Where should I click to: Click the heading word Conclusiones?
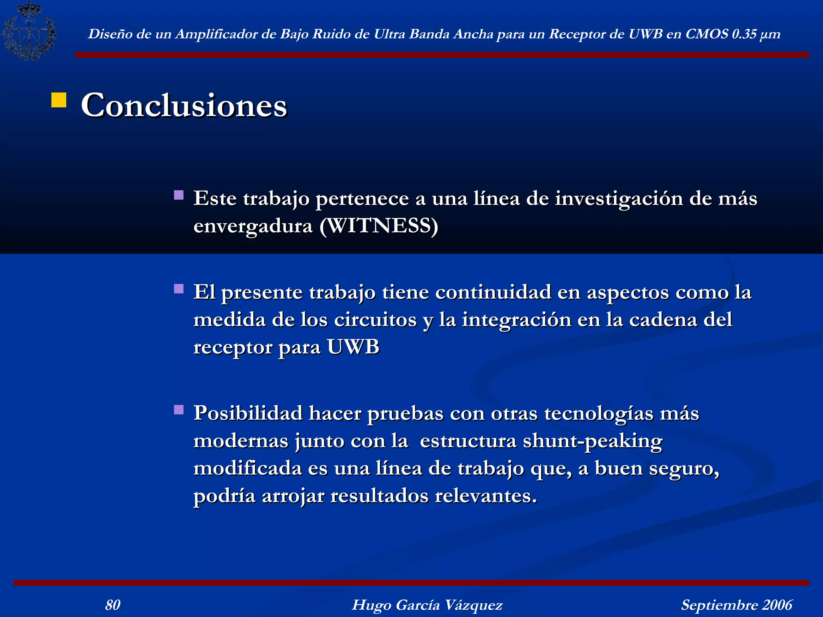(x=184, y=105)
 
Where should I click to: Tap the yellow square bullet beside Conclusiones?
(x=59, y=100)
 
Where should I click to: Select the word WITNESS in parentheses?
(x=379, y=226)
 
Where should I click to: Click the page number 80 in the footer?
(x=113, y=605)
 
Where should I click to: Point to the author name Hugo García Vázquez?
(x=427, y=605)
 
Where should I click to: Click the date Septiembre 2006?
(x=737, y=605)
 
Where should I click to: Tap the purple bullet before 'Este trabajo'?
(x=179, y=195)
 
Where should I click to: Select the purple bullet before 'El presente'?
(x=179, y=289)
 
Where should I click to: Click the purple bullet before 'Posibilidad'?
(x=179, y=410)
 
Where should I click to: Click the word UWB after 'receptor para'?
(x=353, y=347)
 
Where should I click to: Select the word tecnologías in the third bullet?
(x=599, y=414)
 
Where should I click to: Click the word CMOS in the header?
(x=707, y=34)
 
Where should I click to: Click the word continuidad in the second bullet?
(x=493, y=292)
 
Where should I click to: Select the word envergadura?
(x=253, y=226)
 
